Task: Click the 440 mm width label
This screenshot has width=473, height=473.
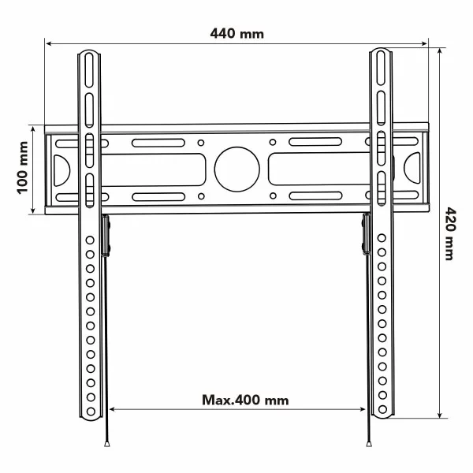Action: pyautogui.click(x=236, y=33)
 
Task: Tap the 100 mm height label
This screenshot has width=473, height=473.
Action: pyautogui.click(x=22, y=168)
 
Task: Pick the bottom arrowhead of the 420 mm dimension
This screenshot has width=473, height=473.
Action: pyautogui.click(x=439, y=418)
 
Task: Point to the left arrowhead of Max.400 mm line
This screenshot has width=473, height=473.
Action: pyautogui.click(x=111, y=409)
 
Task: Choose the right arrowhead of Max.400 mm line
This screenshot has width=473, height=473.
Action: pyautogui.click(x=363, y=409)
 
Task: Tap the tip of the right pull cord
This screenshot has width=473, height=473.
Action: pyautogui.click(x=368, y=445)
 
